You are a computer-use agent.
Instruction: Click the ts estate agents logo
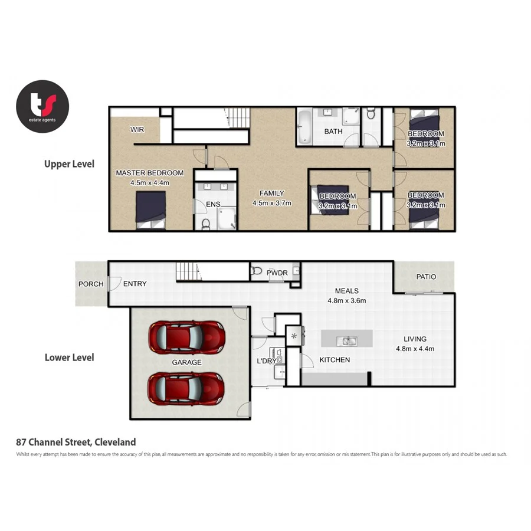click(x=42, y=106)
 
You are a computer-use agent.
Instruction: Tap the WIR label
click(x=137, y=129)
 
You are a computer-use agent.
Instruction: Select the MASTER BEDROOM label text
click(x=149, y=173)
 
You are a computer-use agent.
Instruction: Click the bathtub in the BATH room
click(x=304, y=126)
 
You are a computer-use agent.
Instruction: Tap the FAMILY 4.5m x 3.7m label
click(x=272, y=198)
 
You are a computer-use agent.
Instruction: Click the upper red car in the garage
click(x=187, y=336)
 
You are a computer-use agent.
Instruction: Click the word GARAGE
click(x=186, y=362)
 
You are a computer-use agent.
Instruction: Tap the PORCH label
click(x=91, y=284)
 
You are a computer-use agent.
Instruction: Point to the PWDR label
click(x=277, y=273)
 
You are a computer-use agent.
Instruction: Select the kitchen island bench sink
click(x=347, y=340)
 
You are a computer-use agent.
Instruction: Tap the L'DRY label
click(x=265, y=360)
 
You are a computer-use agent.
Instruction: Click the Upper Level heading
click(x=69, y=164)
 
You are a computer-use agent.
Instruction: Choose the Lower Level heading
click(x=69, y=357)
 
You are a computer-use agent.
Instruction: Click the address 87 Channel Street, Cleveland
click(x=76, y=441)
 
